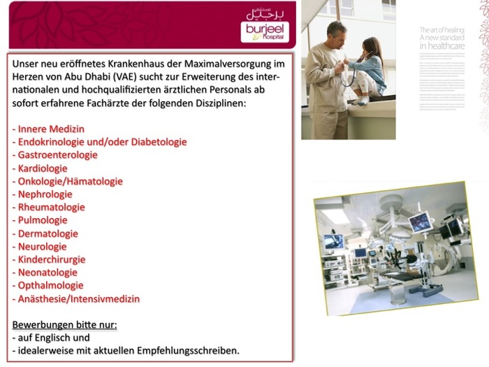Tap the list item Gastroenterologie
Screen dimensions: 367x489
[x=55, y=155]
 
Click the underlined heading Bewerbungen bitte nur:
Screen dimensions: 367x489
[x=65, y=325]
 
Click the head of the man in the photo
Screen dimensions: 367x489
[x=336, y=32]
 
